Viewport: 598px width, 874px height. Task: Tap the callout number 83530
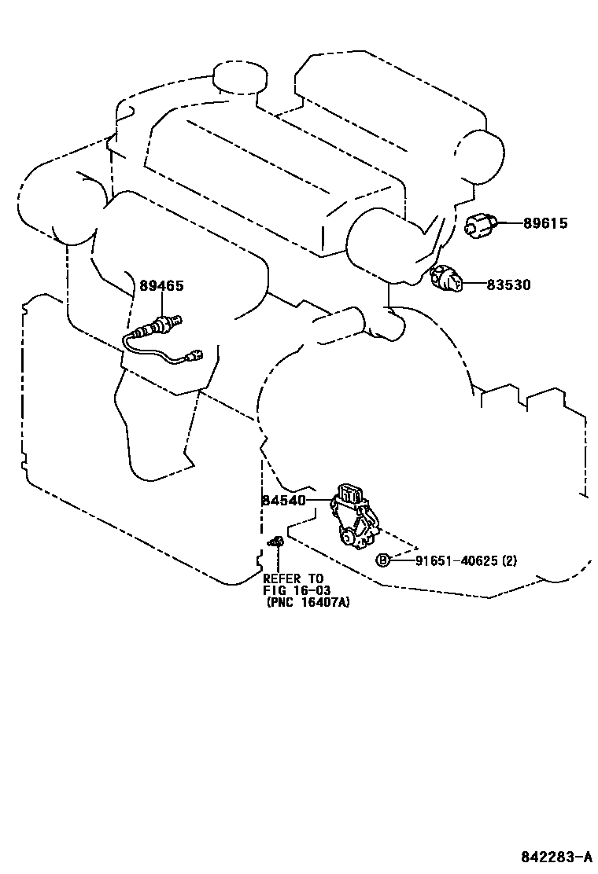[x=508, y=285]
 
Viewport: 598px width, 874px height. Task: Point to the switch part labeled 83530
[x=446, y=278]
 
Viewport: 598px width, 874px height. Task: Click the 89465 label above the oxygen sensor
[x=162, y=286]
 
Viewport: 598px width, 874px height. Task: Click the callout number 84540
[x=284, y=500]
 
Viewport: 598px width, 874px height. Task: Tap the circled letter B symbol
[x=383, y=560]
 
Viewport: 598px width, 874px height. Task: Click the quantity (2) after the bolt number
[x=509, y=560]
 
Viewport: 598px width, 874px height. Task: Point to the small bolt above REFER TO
[x=277, y=542]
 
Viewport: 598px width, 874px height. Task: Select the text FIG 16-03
[x=297, y=591]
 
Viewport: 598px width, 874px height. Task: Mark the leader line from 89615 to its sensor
[x=510, y=224]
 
